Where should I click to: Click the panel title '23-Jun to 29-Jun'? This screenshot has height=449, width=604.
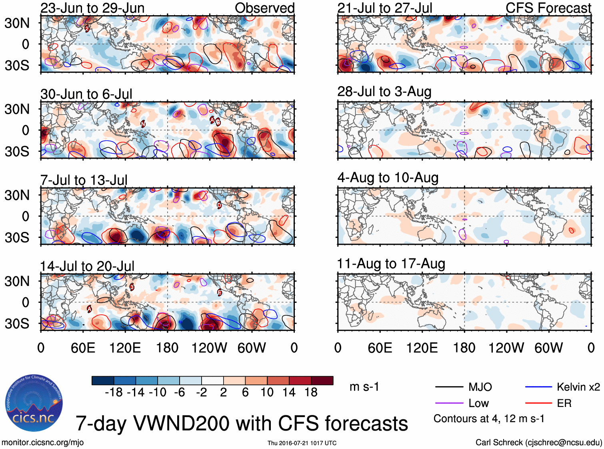point(92,8)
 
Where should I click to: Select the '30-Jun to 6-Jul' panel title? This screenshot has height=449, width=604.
point(86,94)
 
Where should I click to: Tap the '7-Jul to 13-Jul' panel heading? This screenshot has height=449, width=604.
point(84,180)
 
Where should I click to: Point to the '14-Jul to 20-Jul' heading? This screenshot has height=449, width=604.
point(87,266)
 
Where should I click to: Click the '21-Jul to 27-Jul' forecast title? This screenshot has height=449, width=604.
point(384,8)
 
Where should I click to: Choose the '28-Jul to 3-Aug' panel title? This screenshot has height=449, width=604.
point(384,92)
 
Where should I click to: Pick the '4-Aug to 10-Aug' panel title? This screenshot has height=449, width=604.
point(388,177)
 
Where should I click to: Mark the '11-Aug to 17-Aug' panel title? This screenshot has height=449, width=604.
point(391,264)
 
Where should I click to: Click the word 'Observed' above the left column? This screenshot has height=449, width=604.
point(264,8)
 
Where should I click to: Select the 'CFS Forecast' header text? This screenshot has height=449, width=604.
point(548,8)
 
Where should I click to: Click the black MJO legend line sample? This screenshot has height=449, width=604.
point(449,387)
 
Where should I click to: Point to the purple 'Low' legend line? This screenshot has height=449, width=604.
point(449,403)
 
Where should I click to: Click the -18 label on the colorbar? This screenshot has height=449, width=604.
point(114,392)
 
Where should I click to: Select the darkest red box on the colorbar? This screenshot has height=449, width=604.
point(322,381)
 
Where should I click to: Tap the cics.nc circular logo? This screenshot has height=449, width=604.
point(34,403)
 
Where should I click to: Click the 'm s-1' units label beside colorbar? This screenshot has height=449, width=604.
point(364,387)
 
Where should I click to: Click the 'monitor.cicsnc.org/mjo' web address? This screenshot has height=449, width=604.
point(42,442)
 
